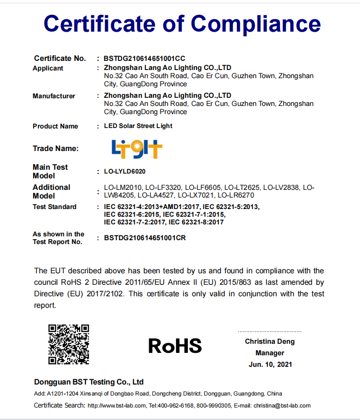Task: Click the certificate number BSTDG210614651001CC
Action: click(144, 58)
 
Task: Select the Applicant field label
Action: click(48, 69)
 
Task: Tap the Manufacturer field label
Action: click(54, 96)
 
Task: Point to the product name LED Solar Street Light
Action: click(138, 126)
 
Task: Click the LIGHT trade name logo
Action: click(137, 149)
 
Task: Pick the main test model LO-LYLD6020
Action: click(125, 171)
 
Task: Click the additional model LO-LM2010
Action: click(123, 187)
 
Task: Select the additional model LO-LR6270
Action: click(236, 196)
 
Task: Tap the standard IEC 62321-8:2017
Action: click(196, 222)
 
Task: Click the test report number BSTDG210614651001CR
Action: click(145, 238)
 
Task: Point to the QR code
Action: click(69, 344)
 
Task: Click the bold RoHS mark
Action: click(175, 346)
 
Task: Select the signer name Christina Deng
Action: click(270, 342)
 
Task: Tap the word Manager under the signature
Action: click(270, 353)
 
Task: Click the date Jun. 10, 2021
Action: click(270, 364)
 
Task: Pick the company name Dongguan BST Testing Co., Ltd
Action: click(89, 382)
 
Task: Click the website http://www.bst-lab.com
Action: click(116, 406)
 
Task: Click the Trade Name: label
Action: click(56, 149)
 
